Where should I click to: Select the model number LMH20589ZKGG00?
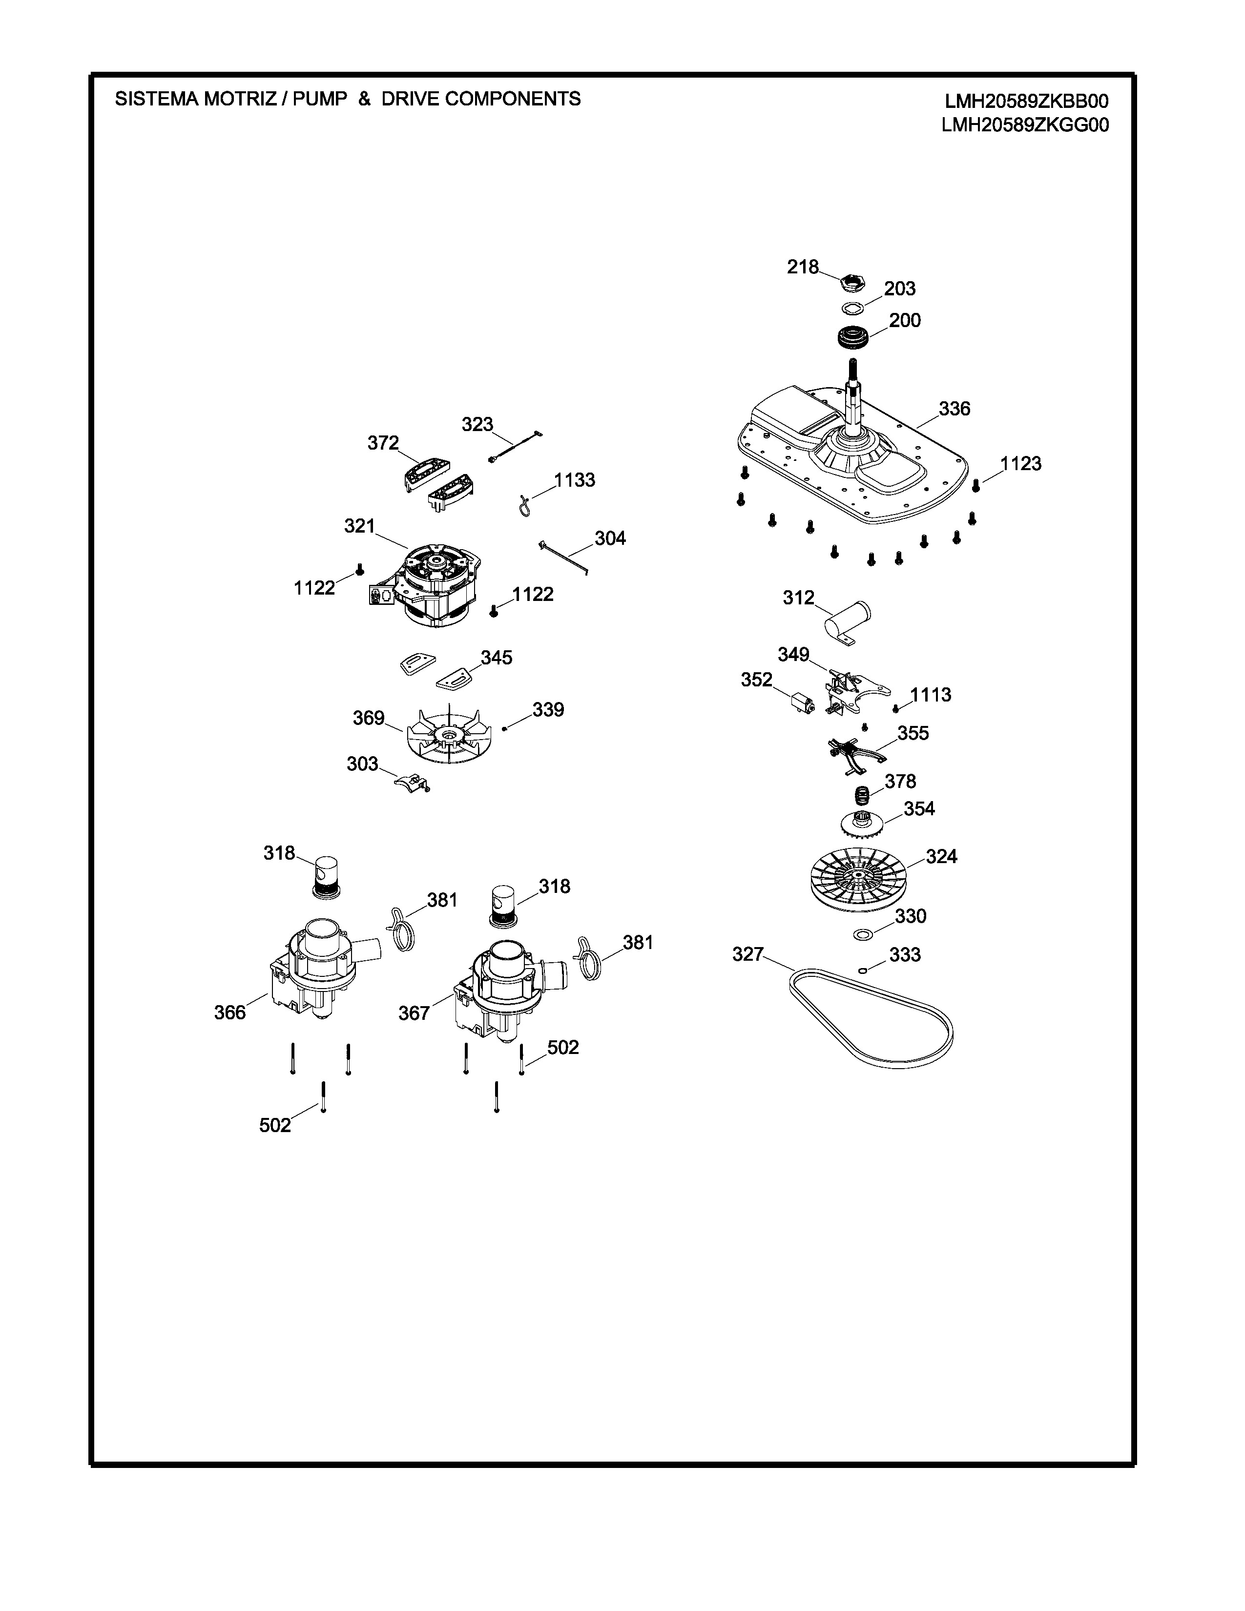[1025, 125]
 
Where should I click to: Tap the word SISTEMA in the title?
[156, 99]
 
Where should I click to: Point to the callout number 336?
[954, 409]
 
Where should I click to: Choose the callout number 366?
[229, 1013]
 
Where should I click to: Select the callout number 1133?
[575, 480]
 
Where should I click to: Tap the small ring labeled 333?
[862, 971]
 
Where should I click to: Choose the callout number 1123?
[1021, 464]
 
